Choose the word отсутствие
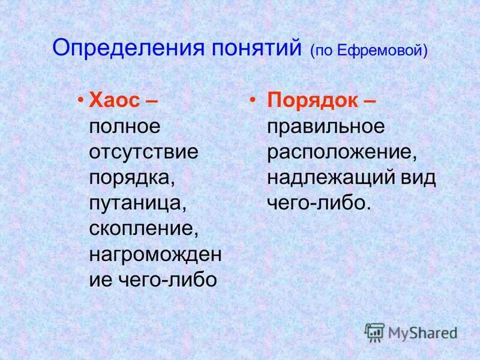143,152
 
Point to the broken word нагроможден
155,255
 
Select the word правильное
326,127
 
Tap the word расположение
341,152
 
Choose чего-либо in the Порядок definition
316,203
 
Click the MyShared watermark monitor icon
374,332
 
